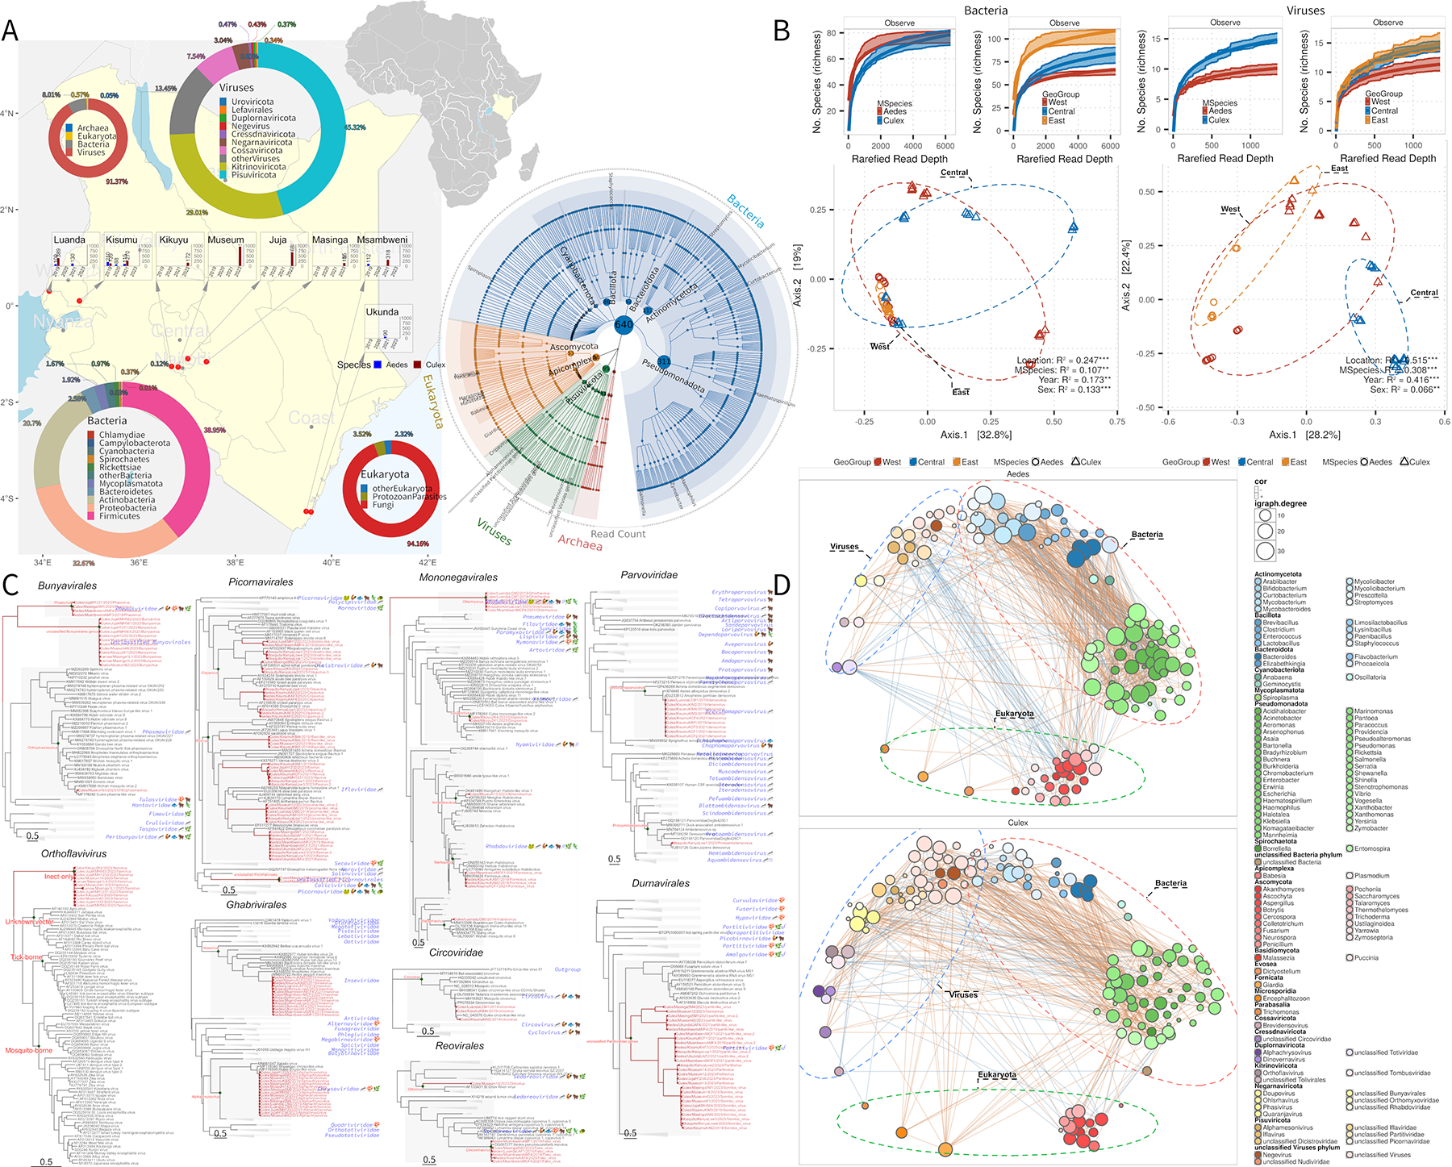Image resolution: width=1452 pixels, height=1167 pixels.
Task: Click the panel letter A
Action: click(x=10, y=30)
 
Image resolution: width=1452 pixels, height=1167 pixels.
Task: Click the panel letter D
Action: click(x=782, y=584)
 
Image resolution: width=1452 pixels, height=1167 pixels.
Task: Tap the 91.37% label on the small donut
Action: click(x=117, y=181)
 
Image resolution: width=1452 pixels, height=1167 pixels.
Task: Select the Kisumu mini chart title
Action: click(x=122, y=240)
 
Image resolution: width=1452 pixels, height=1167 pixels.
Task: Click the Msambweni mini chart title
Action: click(x=382, y=240)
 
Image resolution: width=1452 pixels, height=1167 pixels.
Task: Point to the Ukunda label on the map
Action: click(x=382, y=312)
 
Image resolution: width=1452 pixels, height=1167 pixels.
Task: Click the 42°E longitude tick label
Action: click(x=428, y=562)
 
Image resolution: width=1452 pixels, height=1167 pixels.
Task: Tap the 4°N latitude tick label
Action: click(x=9, y=114)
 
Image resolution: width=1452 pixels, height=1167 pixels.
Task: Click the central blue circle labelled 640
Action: click(x=624, y=324)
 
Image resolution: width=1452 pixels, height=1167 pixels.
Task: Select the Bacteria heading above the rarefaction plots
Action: click(x=986, y=10)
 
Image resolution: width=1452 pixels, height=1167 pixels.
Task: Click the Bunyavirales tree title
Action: click(x=67, y=586)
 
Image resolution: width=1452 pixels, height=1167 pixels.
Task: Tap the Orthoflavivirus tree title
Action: click(x=73, y=853)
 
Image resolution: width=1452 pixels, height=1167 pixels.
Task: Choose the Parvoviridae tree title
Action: click(x=649, y=575)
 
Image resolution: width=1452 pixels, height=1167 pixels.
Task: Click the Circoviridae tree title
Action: click(x=457, y=952)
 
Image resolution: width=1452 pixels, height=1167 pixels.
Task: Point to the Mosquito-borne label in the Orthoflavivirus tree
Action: click(x=28, y=1051)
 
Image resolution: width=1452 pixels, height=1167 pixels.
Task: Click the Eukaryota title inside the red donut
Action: click(x=385, y=474)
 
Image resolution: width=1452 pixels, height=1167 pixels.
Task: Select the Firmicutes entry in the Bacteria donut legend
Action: click(x=119, y=516)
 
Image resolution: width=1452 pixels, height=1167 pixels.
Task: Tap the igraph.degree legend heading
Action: click(x=1280, y=503)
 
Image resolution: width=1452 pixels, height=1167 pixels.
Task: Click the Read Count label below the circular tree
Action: click(x=618, y=534)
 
